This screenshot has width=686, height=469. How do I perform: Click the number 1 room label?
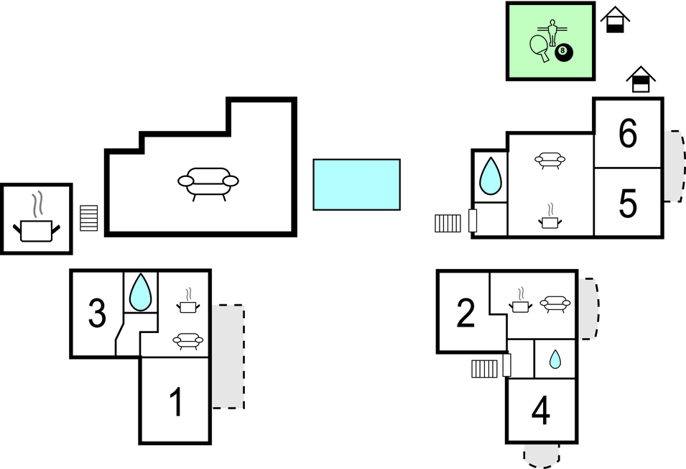click(176, 402)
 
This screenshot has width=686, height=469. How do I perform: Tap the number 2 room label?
click(465, 313)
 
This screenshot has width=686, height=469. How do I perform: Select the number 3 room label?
click(97, 313)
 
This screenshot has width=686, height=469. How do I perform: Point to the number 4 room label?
click(541, 411)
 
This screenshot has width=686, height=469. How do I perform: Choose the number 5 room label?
click(628, 204)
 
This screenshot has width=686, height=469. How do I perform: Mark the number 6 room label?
click(628, 135)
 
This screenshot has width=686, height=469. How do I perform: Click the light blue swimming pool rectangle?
click(356, 184)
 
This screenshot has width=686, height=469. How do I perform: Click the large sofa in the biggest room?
click(208, 181)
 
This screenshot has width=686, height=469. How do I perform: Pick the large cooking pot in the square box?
click(36, 227)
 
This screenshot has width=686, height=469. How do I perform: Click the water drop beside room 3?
click(141, 291)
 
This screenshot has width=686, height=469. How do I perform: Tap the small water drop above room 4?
click(555, 358)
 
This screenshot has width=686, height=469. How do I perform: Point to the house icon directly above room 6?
click(639, 80)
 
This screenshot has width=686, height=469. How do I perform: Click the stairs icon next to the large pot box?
click(88, 218)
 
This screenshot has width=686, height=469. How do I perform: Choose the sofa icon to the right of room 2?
click(555, 304)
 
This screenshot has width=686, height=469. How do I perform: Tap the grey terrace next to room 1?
click(228, 357)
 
